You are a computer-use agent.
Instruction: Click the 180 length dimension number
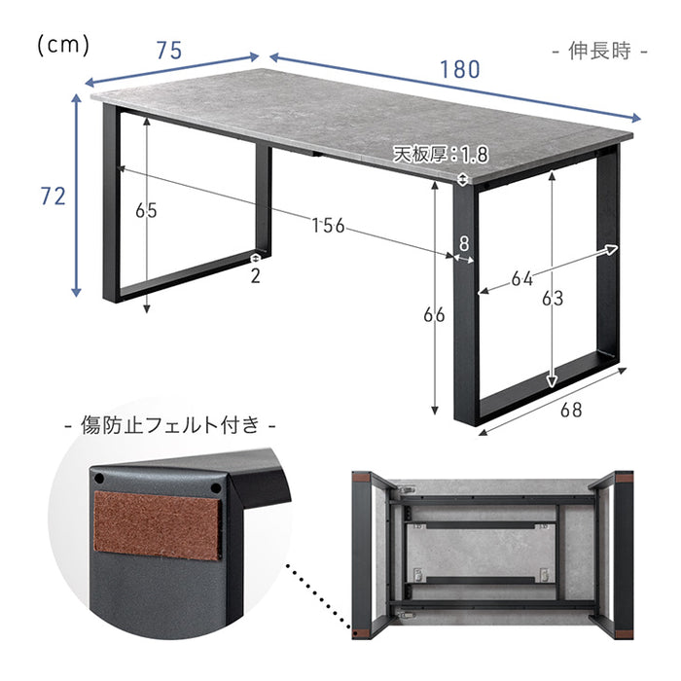tap(460, 69)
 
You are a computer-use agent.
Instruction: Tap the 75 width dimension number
tap(169, 51)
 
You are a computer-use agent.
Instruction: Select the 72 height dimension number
tap(53, 196)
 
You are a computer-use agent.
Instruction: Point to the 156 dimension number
tap(329, 226)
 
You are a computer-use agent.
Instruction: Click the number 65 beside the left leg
tap(146, 211)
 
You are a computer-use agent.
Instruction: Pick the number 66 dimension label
tap(434, 315)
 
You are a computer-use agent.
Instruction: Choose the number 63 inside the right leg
tap(553, 299)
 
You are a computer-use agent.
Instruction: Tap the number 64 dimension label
tap(522, 279)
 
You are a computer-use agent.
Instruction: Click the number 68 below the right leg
tap(571, 410)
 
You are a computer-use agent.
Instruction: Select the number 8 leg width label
tap(464, 244)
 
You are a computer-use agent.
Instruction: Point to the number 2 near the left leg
tap(255, 276)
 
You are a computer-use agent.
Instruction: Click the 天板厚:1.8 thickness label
tap(441, 155)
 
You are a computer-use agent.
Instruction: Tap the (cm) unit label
tap(63, 46)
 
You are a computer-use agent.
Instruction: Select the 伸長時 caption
tap(600, 52)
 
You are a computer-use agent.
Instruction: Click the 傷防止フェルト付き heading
tap(170, 425)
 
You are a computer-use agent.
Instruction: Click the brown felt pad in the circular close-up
tap(158, 525)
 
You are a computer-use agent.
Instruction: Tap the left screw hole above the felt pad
tap(99, 479)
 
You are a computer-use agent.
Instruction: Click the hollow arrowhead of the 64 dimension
tap(612, 250)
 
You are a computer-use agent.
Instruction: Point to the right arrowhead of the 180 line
tap(636, 118)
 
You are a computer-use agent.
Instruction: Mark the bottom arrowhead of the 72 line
tap(77, 292)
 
